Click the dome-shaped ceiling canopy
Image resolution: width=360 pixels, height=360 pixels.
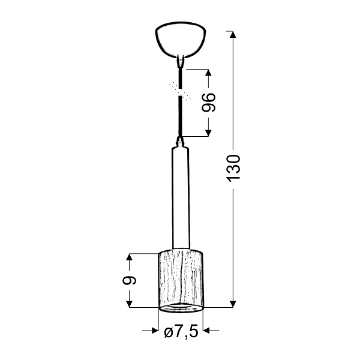pos(180,40)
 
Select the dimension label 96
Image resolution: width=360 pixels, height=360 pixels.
pos(208,103)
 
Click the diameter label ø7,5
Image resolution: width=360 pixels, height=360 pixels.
pos(181,331)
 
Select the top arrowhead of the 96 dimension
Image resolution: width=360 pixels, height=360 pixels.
pos(208,73)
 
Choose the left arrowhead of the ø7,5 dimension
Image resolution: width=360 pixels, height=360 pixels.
pos(152,331)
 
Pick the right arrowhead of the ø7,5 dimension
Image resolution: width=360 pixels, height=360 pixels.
pos(208,331)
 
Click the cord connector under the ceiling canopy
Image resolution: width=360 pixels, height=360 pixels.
pos(180,59)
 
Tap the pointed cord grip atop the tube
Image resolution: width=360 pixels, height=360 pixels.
pos(180,142)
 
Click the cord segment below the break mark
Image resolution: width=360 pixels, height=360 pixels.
pos(180,117)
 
